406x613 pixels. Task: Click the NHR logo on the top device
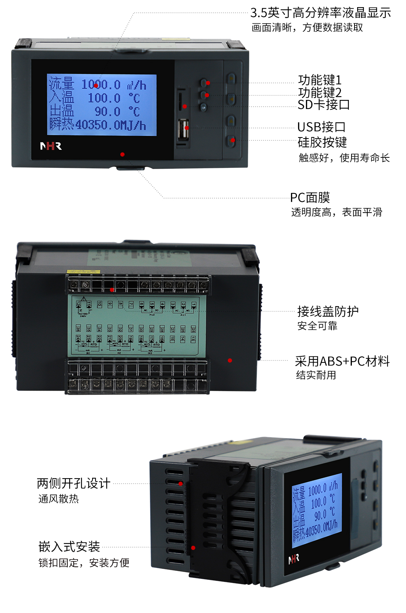51,146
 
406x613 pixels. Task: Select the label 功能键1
320,80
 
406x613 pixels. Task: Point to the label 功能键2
320,92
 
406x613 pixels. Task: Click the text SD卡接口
323,105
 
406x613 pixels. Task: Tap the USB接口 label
321,127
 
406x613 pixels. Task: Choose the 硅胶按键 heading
322,142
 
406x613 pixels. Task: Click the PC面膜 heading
310,198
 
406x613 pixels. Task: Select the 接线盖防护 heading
328,311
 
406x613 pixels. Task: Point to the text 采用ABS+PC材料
342,361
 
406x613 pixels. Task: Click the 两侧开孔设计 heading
74,483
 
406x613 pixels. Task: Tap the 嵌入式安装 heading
69,547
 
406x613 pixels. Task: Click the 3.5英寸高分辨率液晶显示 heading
321,13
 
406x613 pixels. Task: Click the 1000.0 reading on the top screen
101,85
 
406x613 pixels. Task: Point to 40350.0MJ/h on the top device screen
111,125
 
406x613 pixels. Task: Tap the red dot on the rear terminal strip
112,290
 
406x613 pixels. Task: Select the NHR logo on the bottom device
294,559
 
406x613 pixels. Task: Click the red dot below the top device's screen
122,154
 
